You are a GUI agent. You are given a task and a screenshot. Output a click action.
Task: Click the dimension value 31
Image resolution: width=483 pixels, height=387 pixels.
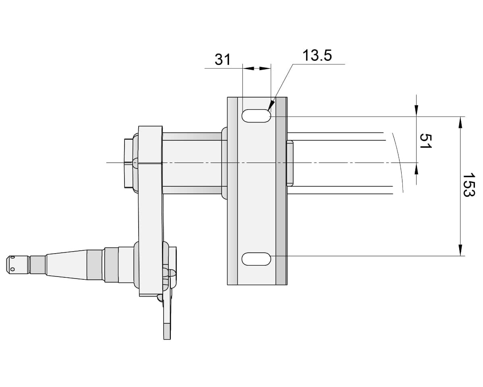pos(222,59)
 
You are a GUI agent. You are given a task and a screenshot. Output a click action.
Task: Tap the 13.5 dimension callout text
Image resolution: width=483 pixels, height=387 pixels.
pos(317,56)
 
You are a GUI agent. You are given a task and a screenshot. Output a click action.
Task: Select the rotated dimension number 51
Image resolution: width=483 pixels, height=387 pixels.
pos(426,141)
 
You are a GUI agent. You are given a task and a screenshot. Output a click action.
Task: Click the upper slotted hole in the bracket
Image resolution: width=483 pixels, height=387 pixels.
pos(256,116)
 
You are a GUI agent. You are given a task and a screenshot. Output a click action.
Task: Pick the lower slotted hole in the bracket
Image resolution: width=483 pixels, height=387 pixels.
pos(256,259)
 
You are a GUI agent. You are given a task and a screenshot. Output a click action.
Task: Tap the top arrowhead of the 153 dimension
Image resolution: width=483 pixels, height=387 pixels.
pos(460,122)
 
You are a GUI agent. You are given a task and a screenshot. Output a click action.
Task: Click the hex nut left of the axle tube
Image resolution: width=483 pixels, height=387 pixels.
pos(129,163)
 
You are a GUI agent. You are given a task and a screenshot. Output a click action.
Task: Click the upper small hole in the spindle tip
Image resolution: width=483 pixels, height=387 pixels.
pos(12,258)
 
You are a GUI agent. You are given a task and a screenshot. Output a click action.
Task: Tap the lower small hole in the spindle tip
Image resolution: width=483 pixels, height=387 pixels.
pos(12,270)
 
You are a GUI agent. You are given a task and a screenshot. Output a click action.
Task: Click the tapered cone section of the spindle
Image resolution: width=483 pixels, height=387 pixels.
pos(66,263)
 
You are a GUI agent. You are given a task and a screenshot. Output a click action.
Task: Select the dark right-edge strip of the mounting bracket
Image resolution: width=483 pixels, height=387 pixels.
pos(281,191)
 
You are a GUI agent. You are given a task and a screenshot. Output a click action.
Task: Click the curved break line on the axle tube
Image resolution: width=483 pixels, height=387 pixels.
pos(398,162)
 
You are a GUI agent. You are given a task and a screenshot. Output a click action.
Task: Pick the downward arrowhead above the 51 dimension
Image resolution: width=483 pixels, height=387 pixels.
pos(416,111)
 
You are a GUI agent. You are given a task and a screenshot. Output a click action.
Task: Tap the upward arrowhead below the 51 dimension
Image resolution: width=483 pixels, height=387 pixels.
pos(416,169)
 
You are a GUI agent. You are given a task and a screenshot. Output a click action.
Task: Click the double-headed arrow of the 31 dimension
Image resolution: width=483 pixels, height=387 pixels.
pos(257,69)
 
